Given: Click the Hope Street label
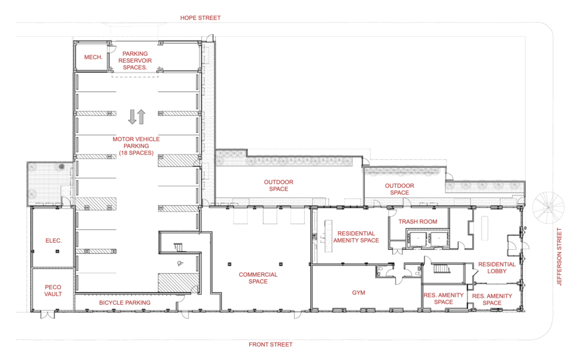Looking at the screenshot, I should click(200, 18).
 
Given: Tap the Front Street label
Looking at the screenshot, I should click(271, 344).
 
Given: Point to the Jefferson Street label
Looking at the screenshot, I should click(560, 257).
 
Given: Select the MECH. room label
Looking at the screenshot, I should click(92, 58).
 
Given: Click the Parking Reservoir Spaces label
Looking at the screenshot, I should click(135, 61).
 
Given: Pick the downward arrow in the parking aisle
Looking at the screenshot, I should click(132, 117).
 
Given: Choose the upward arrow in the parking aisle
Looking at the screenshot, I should click(141, 117).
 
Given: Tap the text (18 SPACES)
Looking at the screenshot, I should click(135, 152).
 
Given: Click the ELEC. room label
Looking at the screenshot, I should click(54, 241).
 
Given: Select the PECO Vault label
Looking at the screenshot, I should click(53, 290).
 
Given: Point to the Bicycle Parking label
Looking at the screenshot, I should click(125, 302).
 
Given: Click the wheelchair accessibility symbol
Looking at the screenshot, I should click(180, 262).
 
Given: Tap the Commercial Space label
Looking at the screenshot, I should click(258, 278).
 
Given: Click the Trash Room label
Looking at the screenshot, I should click(418, 222).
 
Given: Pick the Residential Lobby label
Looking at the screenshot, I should click(497, 267).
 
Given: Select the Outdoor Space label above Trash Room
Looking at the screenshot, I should click(399, 189).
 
